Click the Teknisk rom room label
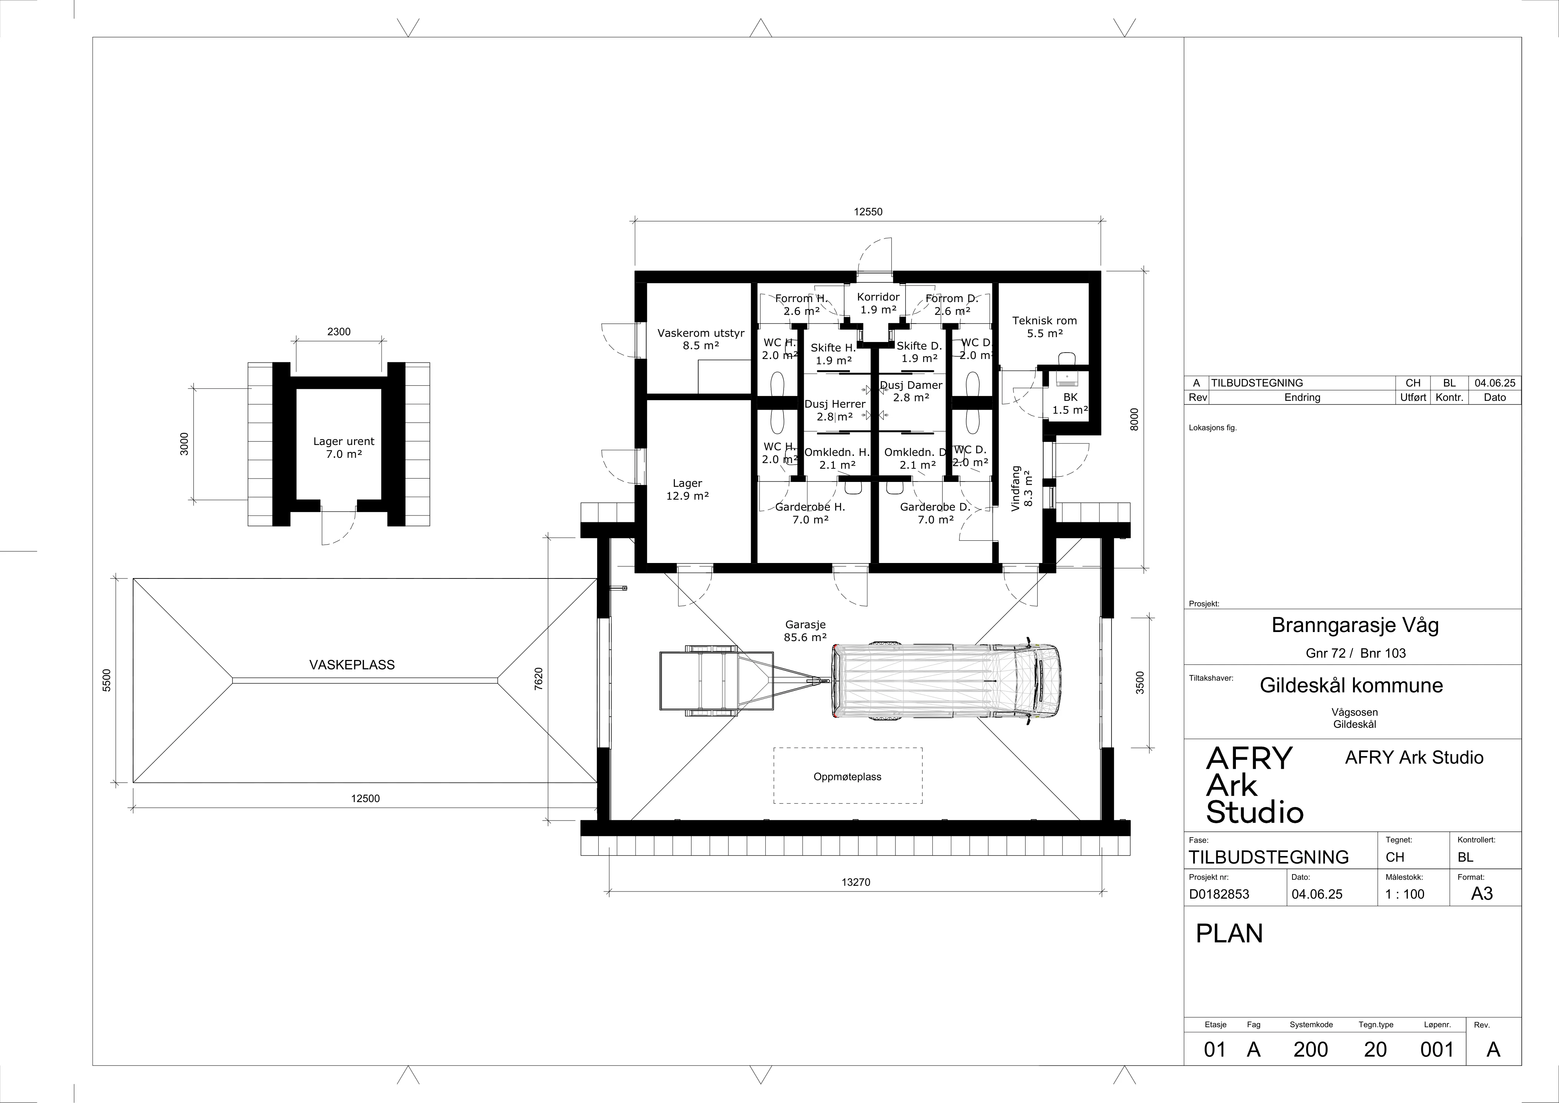(1044, 327)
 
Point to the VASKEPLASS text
(352, 665)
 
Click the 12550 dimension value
(868, 212)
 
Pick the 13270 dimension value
(855, 882)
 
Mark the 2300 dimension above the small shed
(339, 331)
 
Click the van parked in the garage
(946, 681)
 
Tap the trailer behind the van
(740, 681)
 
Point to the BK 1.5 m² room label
(1070, 403)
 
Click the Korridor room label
(878, 303)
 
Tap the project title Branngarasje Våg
(1355, 625)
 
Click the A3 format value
(1482, 894)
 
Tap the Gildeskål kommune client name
(1351, 685)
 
